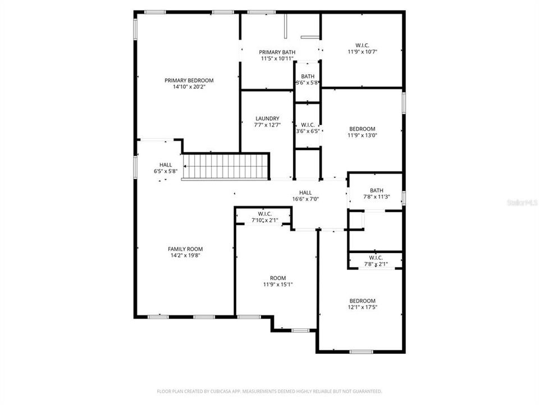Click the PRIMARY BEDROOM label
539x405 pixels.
pos(189,80)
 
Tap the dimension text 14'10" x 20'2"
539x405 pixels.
pos(189,87)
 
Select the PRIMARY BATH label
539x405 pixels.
pos(277,52)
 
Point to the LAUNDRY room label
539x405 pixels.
pos(267,118)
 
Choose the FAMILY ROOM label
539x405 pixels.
pos(185,249)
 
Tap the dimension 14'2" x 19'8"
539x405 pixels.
pos(185,255)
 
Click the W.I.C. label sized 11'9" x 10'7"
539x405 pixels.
pos(362,45)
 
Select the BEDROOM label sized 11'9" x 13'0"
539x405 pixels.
pos(362,128)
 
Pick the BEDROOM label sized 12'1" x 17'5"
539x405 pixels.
pos(362,300)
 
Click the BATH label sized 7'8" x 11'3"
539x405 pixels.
pos(376,190)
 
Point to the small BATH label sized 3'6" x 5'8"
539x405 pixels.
pos(308,76)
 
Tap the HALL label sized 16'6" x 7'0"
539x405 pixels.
pos(305,192)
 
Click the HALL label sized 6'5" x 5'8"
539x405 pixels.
pos(166,165)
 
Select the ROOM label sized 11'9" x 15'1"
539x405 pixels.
pos(277,278)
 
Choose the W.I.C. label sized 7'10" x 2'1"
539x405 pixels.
pos(264,214)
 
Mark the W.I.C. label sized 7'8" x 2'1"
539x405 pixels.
pos(376,257)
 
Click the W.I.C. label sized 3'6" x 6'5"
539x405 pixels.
pos(308,125)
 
